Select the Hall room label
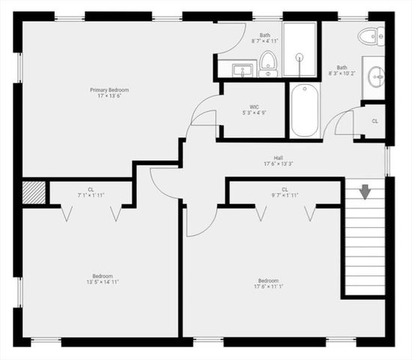[x=278, y=157]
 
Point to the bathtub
[x=304, y=111]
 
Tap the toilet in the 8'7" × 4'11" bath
[x=269, y=62]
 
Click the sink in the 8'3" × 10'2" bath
[x=376, y=77]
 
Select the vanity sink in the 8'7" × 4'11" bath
[x=242, y=70]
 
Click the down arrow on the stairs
[x=365, y=192]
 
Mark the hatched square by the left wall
[x=34, y=192]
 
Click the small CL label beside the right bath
[x=375, y=121]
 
